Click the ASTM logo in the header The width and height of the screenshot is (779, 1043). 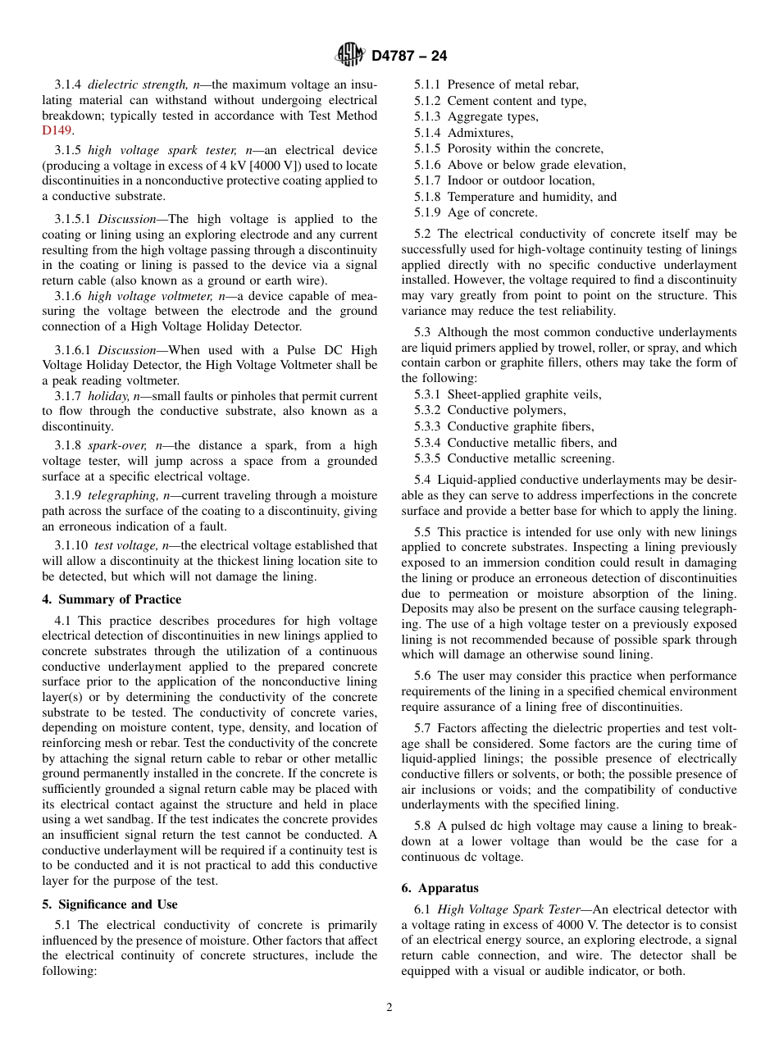pyautogui.click(x=350, y=56)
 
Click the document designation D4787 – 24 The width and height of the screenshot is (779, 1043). pyautogui.click(x=409, y=57)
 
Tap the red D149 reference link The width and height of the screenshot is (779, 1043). pyautogui.click(x=57, y=130)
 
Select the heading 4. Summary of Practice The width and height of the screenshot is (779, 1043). pyautogui.click(x=112, y=599)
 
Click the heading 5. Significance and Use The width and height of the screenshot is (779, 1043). pyautogui.click(x=110, y=904)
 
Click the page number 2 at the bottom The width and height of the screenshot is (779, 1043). pyautogui.click(x=389, y=1008)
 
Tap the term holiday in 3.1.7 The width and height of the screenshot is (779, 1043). pyautogui.click(x=108, y=396)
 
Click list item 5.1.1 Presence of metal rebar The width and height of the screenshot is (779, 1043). pyautogui.click(x=496, y=84)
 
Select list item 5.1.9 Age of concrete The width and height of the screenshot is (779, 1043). pyautogui.click(x=476, y=212)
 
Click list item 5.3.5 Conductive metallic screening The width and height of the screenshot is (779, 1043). pyautogui.click(x=514, y=458)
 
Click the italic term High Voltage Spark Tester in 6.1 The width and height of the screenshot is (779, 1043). pyautogui.click(x=512, y=909)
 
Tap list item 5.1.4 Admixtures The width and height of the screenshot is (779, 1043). pyautogui.click(x=463, y=133)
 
